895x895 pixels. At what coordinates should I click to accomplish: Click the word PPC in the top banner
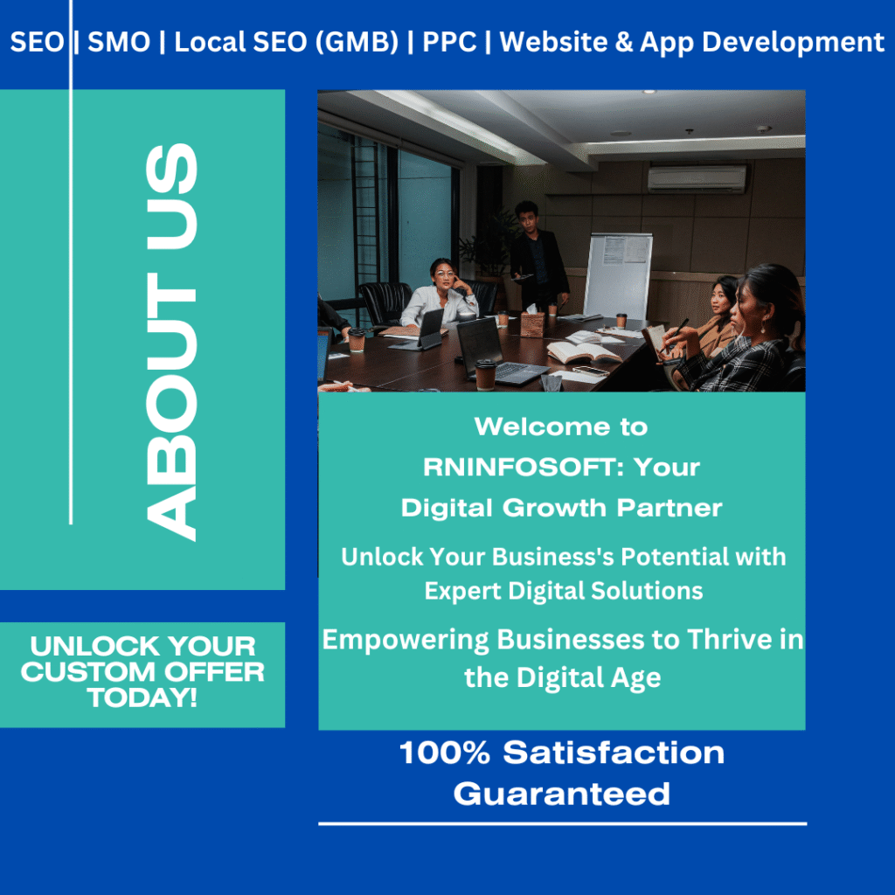click(449, 42)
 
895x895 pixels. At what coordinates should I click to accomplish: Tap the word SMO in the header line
click(119, 42)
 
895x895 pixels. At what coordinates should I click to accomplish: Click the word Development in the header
click(793, 43)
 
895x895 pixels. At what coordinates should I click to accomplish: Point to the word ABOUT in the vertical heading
click(171, 406)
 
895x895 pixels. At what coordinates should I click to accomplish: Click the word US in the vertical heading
click(171, 196)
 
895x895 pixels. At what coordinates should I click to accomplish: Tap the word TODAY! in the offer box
click(142, 697)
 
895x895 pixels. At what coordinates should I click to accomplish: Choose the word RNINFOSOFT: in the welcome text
click(519, 468)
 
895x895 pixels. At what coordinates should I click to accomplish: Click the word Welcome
click(542, 427)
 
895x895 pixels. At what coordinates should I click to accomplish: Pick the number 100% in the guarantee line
click(445, 753)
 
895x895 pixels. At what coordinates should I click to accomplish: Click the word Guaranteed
click(562, 794)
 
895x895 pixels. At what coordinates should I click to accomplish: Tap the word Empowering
click(406, 641)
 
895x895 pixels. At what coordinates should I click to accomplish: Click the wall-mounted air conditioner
click(697, 178)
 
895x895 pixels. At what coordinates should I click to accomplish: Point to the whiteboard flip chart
click(618, 275)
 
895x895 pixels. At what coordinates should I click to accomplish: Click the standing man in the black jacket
click(538, 257)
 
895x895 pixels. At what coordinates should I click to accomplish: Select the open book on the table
click(583, 351)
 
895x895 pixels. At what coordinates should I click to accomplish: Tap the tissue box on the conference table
click(532, 323)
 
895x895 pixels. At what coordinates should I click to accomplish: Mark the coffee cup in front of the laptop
click(485, 374)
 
